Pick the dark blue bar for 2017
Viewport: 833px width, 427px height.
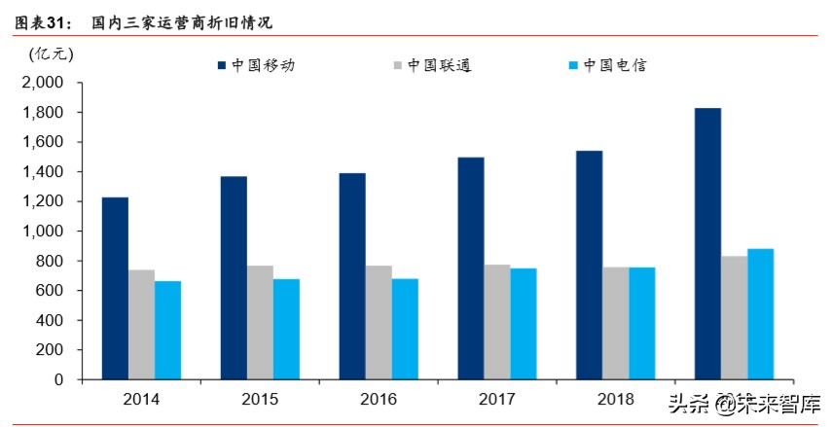pyautogui.click(x=471, y=267)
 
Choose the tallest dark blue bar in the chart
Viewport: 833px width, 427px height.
pyautogui.click(x=707, y=243)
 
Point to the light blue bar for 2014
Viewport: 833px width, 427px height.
pyautogui.click(x=167, y=330)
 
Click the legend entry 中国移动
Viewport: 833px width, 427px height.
pyautogui.click(x=256, y=65)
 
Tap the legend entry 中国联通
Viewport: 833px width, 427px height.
pyautogui.click(x=431, y=65)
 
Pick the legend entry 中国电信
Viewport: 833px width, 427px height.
pyautogui.click(x=606, y=65)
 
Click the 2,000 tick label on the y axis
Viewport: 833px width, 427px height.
pyautogui.click(x=42, y=84)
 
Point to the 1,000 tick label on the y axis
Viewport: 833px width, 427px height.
pyautogui.click(x=42, y=231)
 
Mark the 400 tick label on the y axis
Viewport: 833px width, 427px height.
pyautogui.click(x=50, y=320)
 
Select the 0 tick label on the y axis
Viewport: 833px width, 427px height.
pyautogui.click(x=58, y=379)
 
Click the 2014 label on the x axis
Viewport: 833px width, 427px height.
pyautogui.click(x=141, y=399)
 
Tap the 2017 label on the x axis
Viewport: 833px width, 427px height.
pyautogui.click(x=497, y=399)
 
